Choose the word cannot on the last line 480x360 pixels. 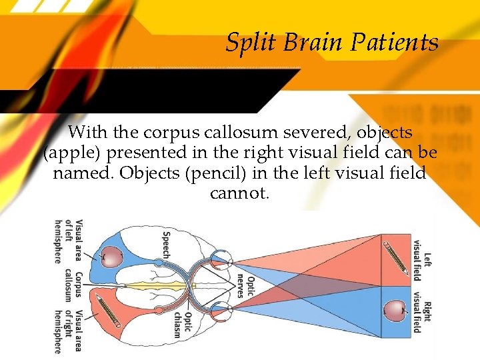(239, 194)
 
